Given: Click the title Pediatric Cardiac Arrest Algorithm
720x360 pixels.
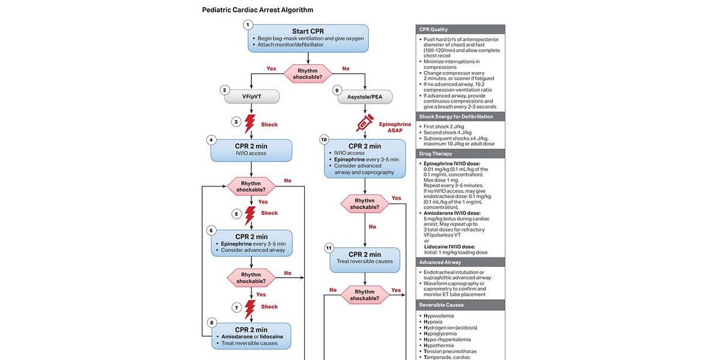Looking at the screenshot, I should click(257, 10).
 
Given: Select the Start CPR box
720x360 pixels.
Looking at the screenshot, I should click(308, 38).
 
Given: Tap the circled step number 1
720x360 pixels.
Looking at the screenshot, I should click(248, 25).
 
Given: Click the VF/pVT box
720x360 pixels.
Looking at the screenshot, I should click(251, 97).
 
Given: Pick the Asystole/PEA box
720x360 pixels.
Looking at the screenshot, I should click(364, 97).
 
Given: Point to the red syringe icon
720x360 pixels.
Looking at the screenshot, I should click(365, 124).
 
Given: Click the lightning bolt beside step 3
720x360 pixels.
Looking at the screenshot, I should click(250, 124).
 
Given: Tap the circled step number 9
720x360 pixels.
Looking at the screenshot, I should click(337, 91).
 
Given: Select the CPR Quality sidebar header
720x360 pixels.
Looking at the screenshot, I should click(460, 29).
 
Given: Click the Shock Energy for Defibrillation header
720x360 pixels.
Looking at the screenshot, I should click(460, 116).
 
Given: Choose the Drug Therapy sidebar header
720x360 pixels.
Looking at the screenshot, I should click(460, 154).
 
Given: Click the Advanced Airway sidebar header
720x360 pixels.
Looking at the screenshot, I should click(460, 262).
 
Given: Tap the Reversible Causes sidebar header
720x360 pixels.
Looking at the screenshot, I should click(460, 305).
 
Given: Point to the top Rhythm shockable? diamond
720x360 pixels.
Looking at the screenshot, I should click(308, 73).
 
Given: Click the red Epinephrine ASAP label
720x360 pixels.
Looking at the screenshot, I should click(395, 128).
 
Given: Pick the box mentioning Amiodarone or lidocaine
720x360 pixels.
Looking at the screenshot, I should click(251, 336).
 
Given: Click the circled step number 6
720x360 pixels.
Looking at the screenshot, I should click(211, 230).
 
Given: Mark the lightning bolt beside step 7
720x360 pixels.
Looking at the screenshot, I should click(250, 309).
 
